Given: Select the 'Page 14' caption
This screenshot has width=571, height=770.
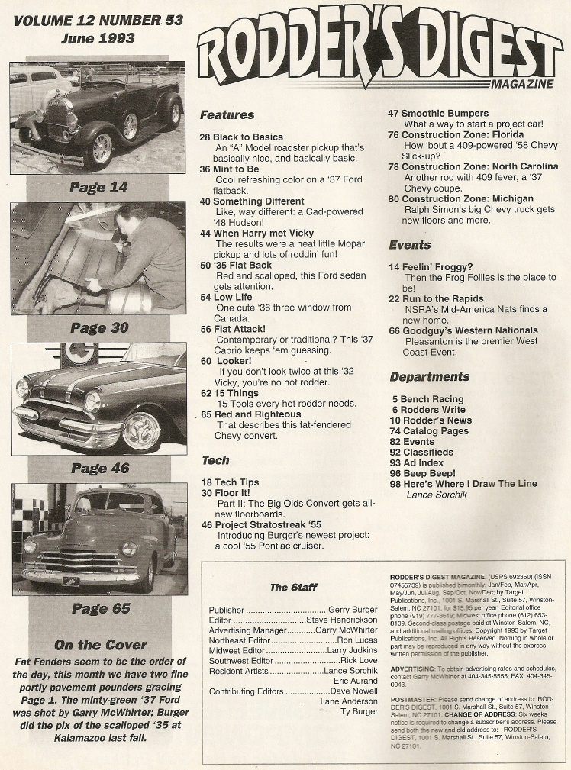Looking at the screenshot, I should (x=99, y=186).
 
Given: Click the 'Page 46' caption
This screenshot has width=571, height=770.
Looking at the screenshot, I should (x=99, y=468).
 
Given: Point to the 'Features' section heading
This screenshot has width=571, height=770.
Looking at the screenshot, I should (x=227, y=115).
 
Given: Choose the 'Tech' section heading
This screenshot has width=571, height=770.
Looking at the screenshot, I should (x=215, y=460).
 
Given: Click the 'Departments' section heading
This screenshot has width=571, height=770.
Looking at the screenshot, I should (x=429, y=377).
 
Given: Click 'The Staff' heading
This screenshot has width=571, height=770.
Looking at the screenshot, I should (x=293, y=588).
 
